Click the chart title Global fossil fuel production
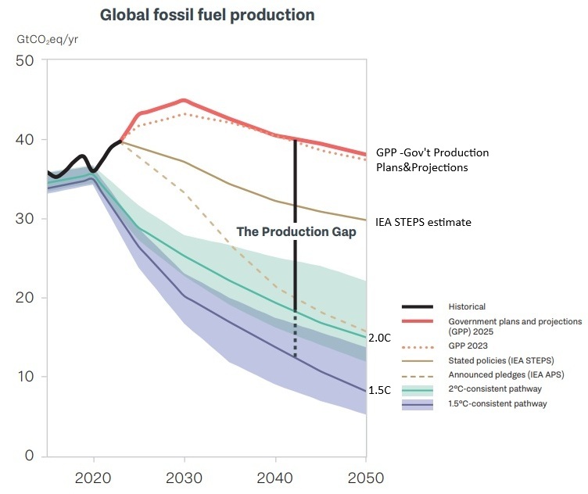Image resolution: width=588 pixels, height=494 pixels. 207,15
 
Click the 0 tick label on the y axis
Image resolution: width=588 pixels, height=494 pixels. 29,456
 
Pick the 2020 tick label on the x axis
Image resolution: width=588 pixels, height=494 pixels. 94,477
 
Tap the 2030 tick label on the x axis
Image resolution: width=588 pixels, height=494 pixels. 184,477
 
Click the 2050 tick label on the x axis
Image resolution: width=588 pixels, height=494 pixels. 365,477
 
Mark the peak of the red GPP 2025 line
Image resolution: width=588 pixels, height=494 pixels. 183,100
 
